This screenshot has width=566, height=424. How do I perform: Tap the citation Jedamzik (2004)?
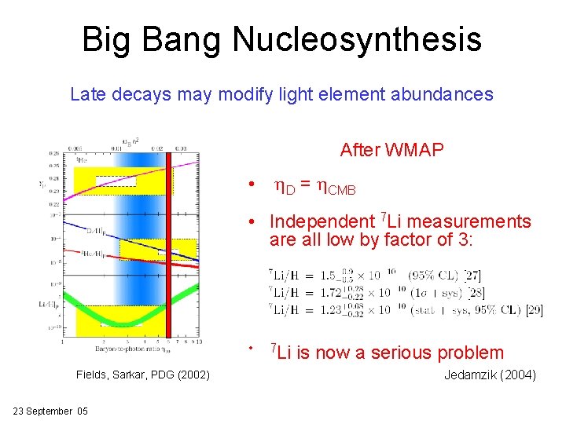click(490, 375)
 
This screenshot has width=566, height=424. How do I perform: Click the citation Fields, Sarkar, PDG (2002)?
click(143, 375)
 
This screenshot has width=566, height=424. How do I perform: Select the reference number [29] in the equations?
click(534, 309)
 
